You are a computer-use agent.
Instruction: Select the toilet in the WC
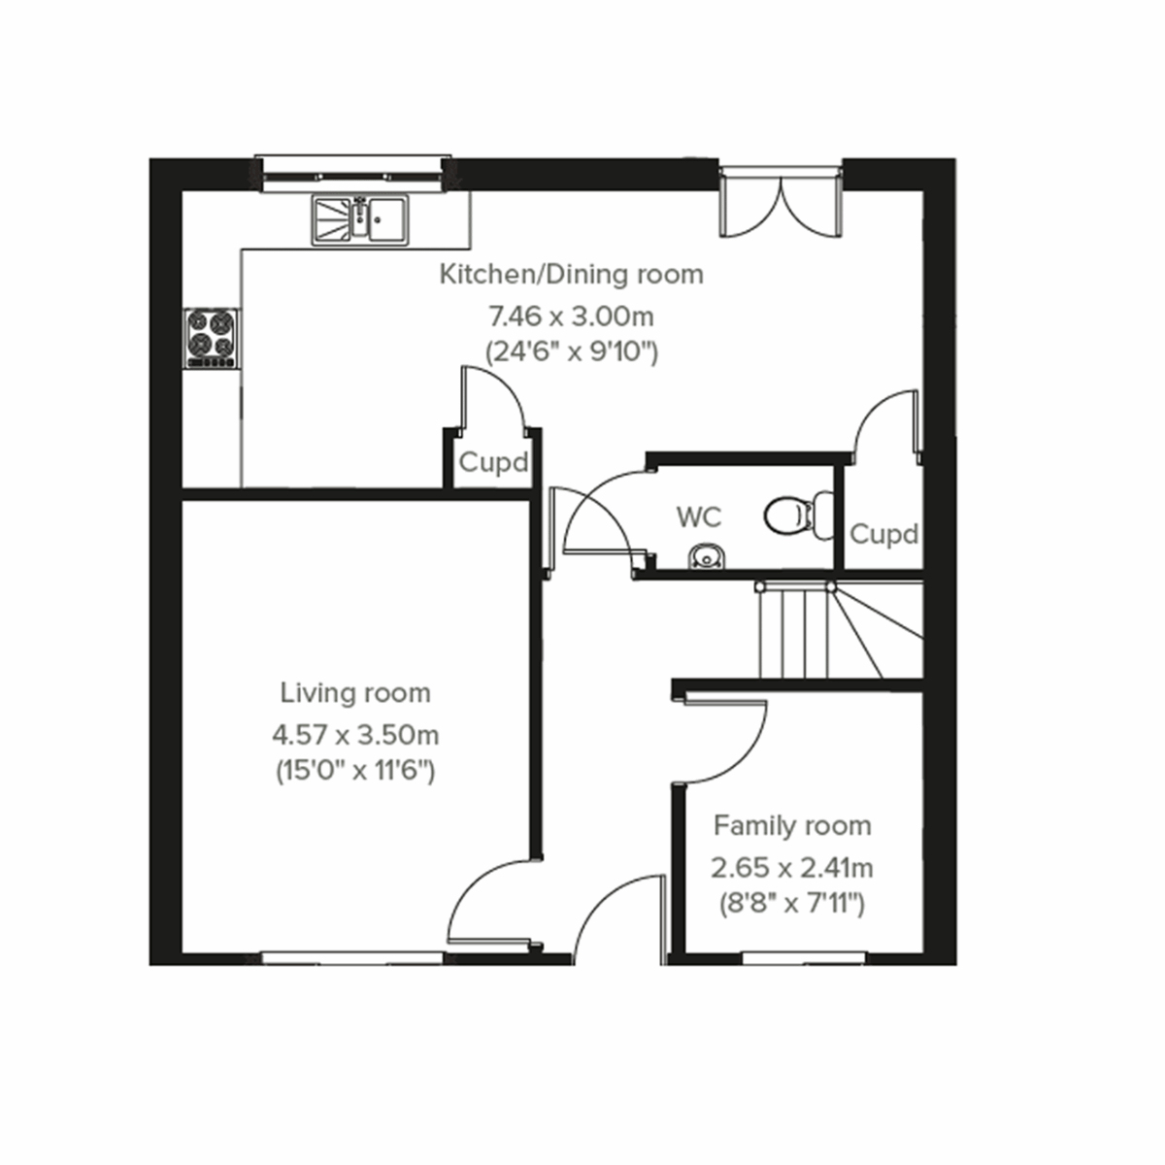point(797,514)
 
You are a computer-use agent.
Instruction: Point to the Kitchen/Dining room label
point(571,275)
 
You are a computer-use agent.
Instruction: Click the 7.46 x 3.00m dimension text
point(571,316)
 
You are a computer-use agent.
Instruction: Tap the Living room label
point(354,693)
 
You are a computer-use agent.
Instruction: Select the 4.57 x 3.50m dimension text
point(354,733)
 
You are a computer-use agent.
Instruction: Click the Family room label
point(792,826)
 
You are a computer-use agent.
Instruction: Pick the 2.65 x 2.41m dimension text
point(792,866)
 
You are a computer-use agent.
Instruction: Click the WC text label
point(699,517)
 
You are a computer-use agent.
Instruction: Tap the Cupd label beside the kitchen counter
point(493,463)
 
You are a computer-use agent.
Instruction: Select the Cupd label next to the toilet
point(883,534)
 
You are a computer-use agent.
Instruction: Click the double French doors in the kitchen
point(779,204)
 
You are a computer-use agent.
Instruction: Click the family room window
point(804,957)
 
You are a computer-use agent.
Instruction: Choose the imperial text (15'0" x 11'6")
point(354,773)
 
